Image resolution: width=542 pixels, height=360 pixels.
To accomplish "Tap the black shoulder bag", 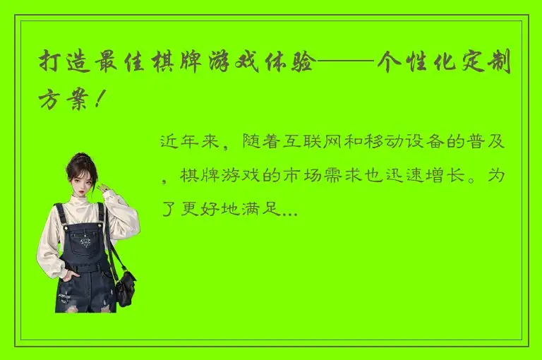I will coord(125,284).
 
